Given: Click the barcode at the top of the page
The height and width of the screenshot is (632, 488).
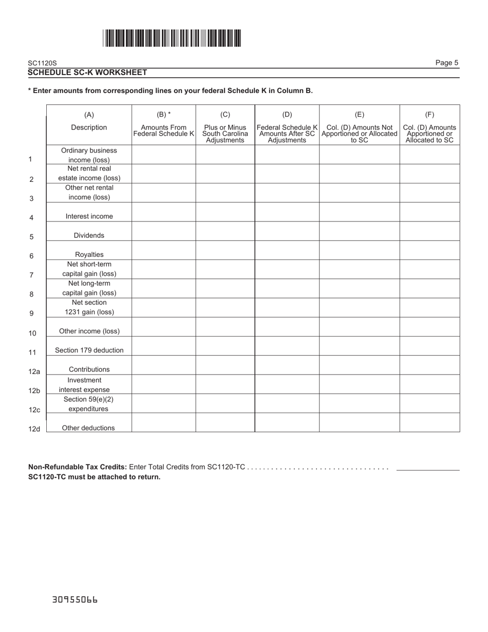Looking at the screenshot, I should pos(172,39).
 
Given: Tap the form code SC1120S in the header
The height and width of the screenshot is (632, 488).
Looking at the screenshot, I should pos(43,63).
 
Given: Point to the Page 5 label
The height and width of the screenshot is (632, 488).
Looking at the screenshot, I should pos(446,63).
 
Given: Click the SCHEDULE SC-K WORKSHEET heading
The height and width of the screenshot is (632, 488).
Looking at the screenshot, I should pos(87,72).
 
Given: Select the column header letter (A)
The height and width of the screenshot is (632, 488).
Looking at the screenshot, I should pos(89,115).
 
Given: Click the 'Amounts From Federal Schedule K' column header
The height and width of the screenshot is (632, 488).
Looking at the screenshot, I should pos(163,131).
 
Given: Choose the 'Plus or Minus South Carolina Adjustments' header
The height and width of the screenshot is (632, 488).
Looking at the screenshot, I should pos(225,134).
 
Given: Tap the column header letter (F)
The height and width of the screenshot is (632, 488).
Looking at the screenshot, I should pos(429,115).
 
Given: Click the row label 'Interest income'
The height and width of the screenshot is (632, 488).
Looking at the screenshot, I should pos(89,216).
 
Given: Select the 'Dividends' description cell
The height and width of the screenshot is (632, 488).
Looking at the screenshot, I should pos(89,235).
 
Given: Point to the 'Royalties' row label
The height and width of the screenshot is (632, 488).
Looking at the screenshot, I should pos(89,254).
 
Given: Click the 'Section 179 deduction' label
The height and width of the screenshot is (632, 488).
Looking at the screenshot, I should pos(89,350).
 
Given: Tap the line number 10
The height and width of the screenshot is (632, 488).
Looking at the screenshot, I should pos(32,333).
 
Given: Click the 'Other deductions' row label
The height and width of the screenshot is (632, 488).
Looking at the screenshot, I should pos(88,427).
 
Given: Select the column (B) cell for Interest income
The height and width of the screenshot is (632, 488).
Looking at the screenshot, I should pos(163,212).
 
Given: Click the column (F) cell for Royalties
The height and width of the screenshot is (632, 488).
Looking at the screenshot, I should pos(429,250).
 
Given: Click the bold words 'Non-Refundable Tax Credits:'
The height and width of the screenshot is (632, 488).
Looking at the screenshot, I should pos(78,467).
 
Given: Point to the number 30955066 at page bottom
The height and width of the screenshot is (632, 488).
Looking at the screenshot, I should pos(75,600).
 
